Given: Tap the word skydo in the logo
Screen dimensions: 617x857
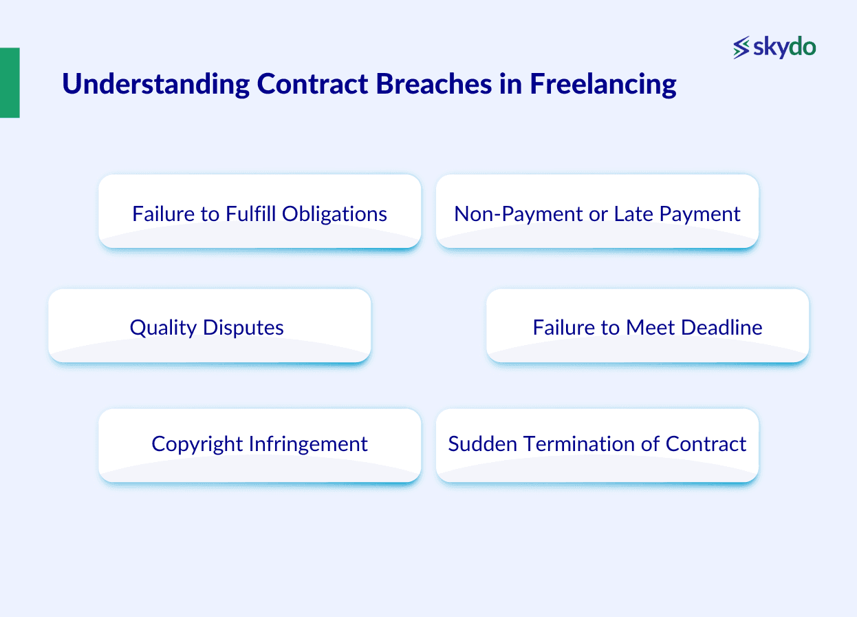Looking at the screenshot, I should point(785,48).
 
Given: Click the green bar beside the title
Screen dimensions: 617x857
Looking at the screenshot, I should point(10,83).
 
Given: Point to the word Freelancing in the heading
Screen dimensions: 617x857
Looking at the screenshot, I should point(603,85).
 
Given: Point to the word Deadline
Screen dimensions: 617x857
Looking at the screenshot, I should point(722,327).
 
